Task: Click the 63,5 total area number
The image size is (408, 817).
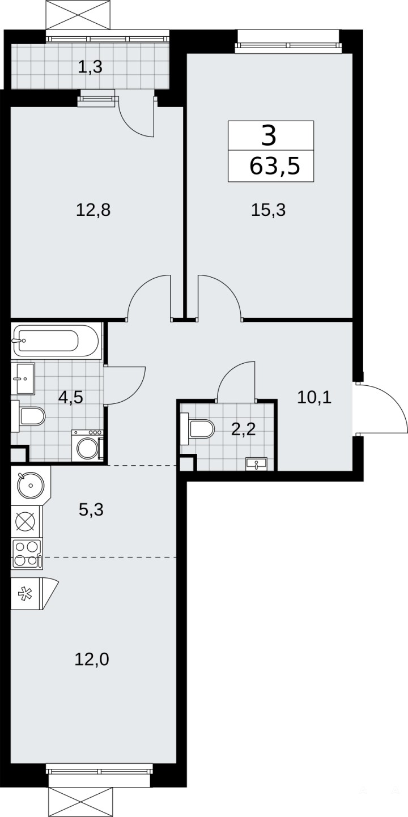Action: click(274, 166)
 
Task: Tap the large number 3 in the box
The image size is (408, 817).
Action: click(269, 135)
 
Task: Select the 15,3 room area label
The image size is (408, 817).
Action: click(268, 210)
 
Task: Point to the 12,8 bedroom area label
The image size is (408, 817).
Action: click(93, 210)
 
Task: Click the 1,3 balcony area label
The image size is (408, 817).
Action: click(90, 67)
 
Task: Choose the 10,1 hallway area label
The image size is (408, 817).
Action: click(314, 397)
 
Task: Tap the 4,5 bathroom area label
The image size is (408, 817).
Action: click(71, 397)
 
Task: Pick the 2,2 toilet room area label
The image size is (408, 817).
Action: click(243, 430)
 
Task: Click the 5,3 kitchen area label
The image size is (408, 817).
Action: click(91, 509)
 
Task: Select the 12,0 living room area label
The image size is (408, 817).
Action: click(92, 659)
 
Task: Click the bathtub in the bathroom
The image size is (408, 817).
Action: click(55, 341)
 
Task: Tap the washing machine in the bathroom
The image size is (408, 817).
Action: click(87, 445)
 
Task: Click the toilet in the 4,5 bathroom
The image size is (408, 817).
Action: click(28, 416)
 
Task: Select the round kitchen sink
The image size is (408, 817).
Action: click(31, 485)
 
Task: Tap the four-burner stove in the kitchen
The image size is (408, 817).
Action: click(27, 554)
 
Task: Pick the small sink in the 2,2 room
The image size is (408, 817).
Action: click(257, 464)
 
